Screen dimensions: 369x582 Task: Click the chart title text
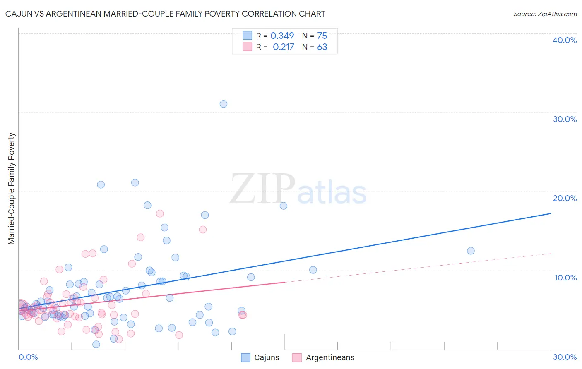165,14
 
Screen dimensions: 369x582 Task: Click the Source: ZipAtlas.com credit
545,14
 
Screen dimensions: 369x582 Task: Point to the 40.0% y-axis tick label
564,40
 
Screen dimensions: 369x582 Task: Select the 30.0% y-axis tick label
564,119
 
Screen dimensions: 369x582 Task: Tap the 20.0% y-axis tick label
564,198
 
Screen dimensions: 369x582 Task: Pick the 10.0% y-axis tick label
565,278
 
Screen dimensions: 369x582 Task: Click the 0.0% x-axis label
28,357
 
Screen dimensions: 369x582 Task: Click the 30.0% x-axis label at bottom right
565,357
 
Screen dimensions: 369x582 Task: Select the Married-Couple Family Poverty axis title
12,188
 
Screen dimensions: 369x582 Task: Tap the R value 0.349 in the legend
282,36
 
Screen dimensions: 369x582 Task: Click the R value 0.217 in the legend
283,47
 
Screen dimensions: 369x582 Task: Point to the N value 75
322,36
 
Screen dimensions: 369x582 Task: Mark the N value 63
322,47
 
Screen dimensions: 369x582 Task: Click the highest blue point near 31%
224,104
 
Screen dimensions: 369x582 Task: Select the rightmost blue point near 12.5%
471,251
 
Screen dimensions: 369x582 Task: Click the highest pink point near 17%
160,213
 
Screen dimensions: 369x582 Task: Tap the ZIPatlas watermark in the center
298,189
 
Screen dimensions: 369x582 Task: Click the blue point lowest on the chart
96,344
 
